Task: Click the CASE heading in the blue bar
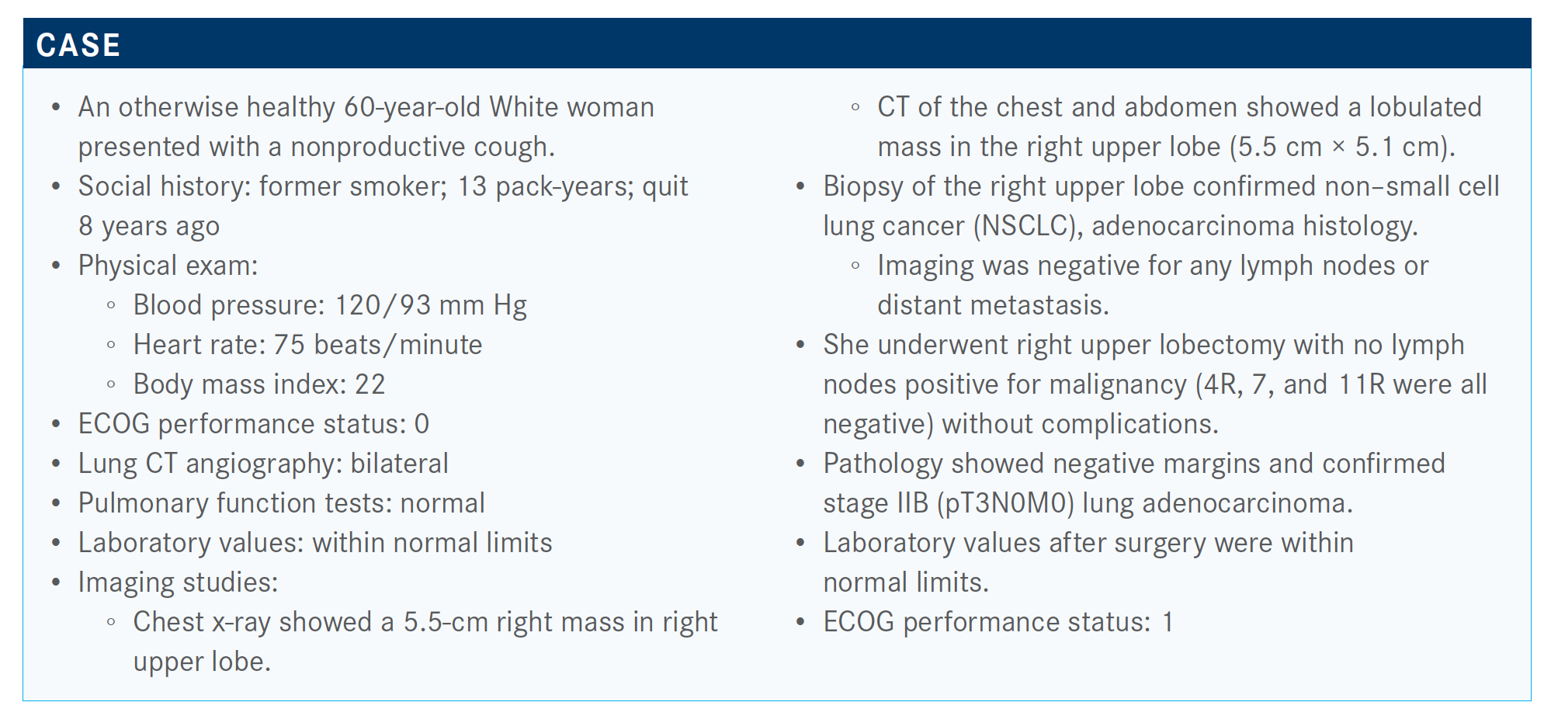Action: pos(78,45)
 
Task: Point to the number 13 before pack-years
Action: pos(472,186)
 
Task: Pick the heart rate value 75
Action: pos(289,345)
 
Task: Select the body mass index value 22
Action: pos(370,384)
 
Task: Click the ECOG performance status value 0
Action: pos(422,424)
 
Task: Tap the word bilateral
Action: pos(399,464)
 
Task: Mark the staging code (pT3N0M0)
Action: pos(1005,503)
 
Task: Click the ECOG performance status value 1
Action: pos(1168,622)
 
